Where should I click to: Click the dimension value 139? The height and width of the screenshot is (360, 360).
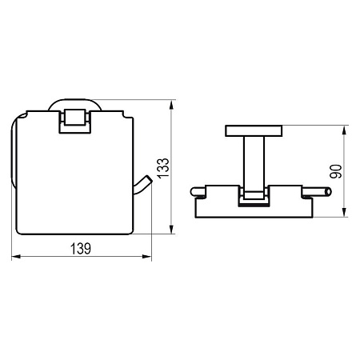click(81, 248)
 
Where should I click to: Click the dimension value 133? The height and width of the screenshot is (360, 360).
click(163, 168)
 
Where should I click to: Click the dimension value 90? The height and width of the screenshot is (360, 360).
click(336, 171)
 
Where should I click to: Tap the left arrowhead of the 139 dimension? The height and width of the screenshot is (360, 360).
click(16, 257)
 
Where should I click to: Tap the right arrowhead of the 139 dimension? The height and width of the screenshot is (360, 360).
click(146, 257)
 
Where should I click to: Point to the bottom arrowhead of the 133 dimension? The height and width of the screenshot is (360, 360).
click(171, 230)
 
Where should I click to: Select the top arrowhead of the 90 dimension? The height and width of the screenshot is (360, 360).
click(344, 130)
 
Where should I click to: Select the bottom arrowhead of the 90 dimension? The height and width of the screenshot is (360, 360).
click(344, 212)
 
